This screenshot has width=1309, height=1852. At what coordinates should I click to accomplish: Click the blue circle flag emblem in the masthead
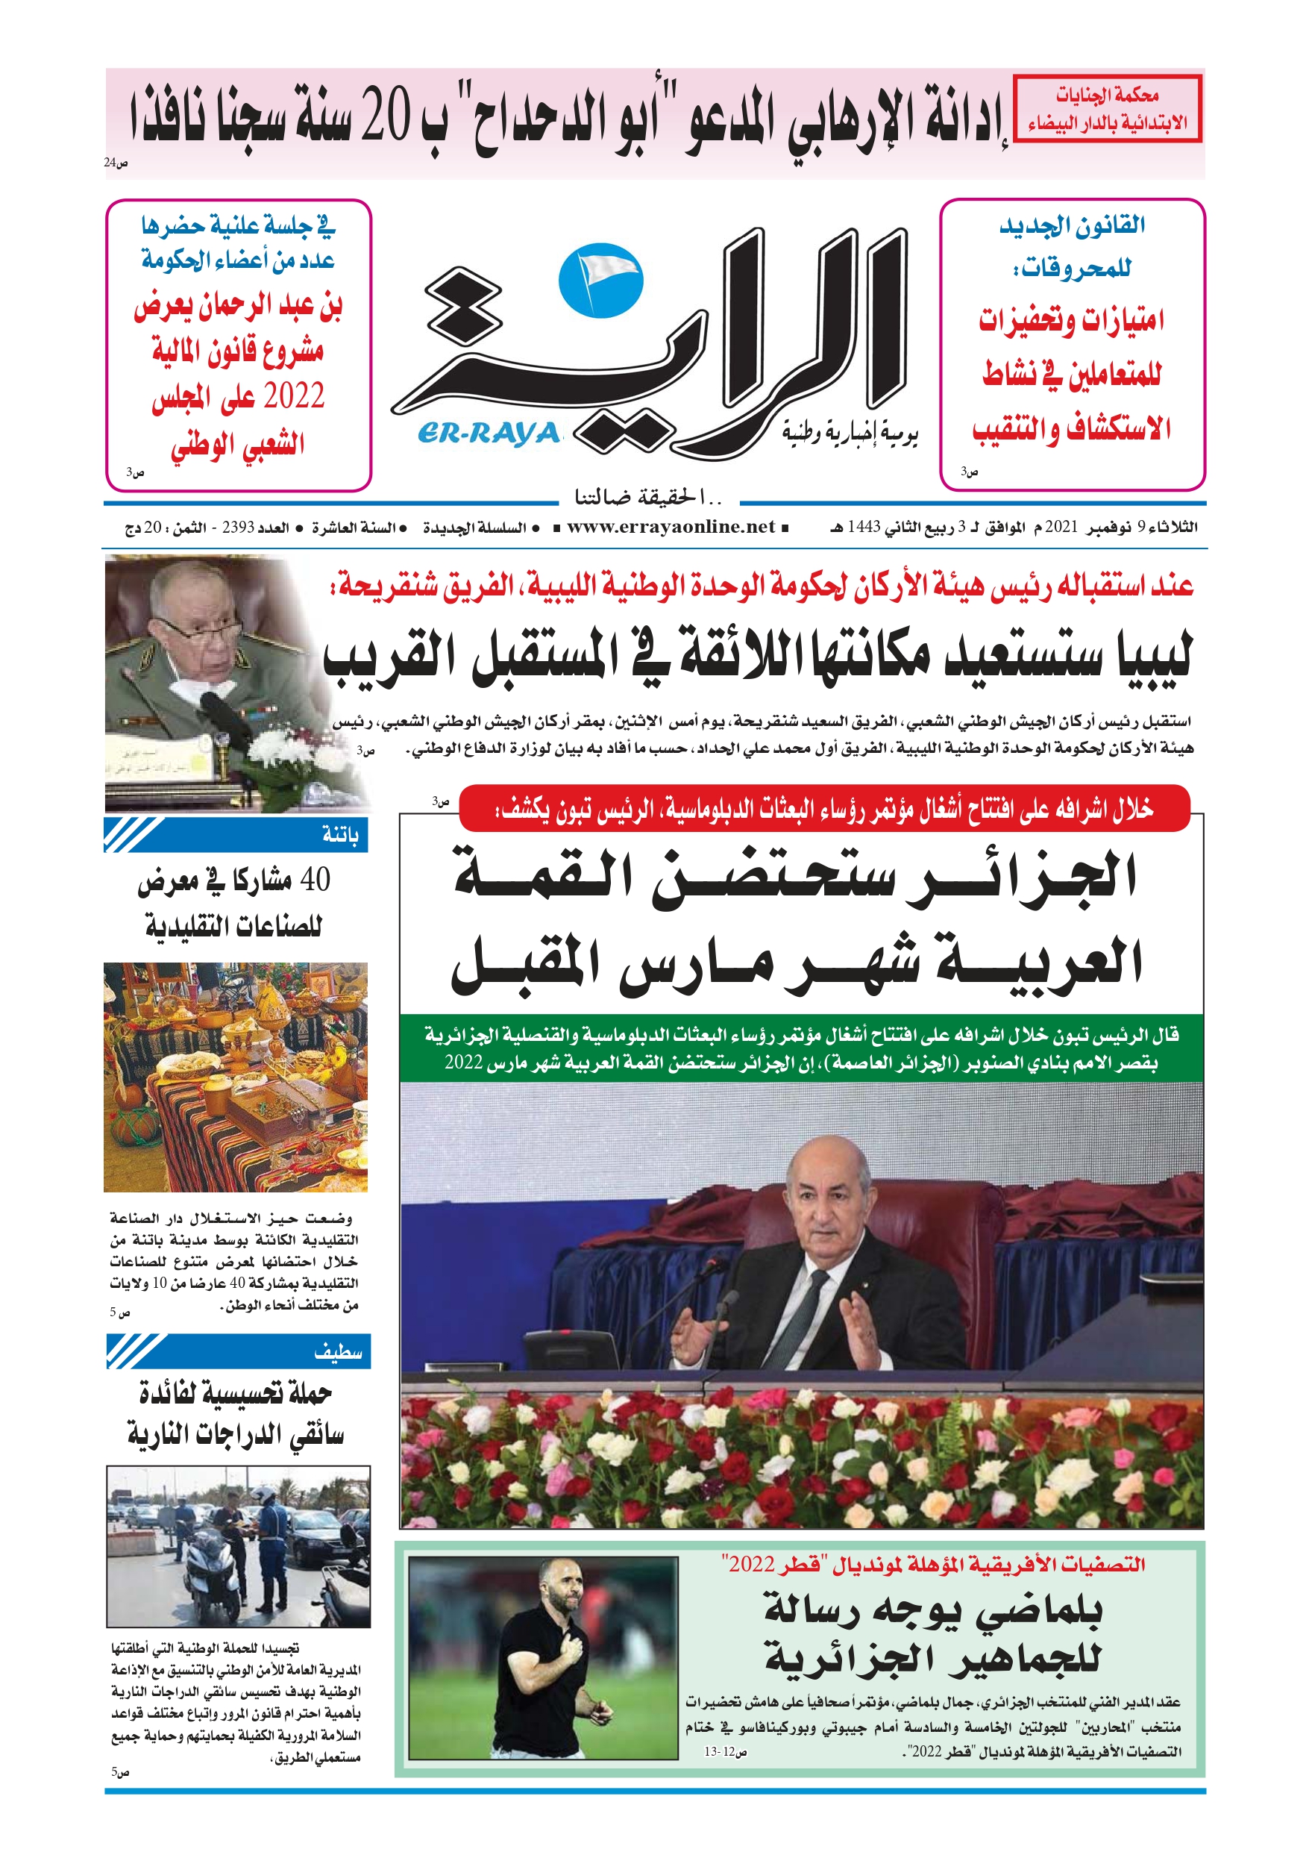(x=601, y=280)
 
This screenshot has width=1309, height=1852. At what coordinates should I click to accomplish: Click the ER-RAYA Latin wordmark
(x=489, y=434)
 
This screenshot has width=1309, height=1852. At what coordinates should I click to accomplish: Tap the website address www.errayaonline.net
(x=671, y=527)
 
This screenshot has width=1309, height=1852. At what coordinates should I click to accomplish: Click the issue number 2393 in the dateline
(x=239, y=528)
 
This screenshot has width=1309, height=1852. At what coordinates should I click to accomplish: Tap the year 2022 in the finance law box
(x=294, y=396)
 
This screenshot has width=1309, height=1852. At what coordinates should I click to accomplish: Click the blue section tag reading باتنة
(x=339, y=835)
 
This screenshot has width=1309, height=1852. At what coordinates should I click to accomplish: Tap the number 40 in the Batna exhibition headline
(x=315, y=880)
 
